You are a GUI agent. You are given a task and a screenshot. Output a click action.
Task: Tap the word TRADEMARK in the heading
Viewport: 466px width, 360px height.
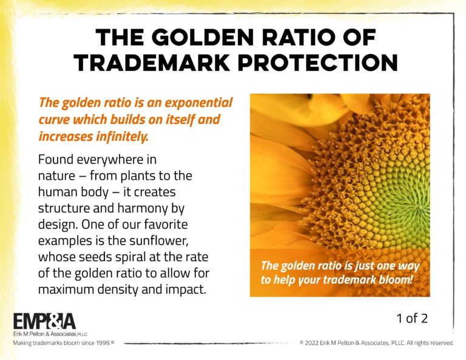(x=152, y=63)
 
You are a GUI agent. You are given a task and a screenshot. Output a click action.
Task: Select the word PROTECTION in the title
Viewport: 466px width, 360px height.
(x=318, y=63)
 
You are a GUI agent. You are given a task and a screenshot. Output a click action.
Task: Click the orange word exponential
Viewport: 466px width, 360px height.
(x=198, y=103)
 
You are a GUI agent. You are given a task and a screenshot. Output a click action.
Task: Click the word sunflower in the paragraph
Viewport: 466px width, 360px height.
(x=159, y=240)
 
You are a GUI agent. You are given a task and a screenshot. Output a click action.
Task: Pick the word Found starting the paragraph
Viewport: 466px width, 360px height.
(x=56, y=160)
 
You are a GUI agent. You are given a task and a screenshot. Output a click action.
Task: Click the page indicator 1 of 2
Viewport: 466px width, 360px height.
(x=412, y=318)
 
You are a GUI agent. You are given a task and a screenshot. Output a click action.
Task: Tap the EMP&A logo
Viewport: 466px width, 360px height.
(x=44, y=321)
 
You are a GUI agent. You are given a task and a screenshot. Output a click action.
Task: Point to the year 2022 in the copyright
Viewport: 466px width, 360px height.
(x=311, y=343)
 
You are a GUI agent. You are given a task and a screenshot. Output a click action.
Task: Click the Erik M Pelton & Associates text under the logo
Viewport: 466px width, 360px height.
(x=50, y=334)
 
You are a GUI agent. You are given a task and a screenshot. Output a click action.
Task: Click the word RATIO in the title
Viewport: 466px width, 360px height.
(x=299, y=38)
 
